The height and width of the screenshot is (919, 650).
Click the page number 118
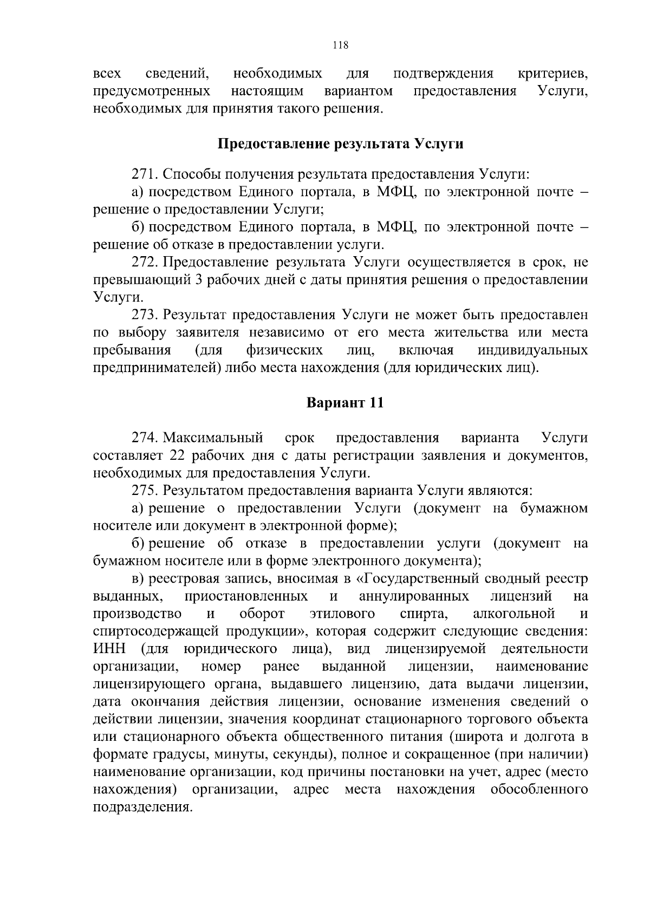(340, 45)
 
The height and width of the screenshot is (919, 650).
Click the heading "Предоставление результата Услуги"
(341, 144)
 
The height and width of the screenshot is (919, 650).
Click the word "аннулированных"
(414, 596)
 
